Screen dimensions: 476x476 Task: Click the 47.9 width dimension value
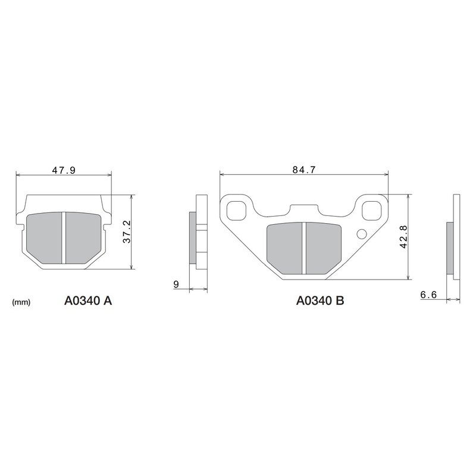pos(64,171)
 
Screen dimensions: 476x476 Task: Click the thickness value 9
pos(176,284)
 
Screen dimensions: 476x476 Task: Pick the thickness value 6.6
pos(428,295)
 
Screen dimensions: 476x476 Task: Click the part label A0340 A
pos(88,301)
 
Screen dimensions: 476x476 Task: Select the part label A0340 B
pos(320,301)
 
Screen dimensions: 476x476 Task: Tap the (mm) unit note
pos(21,302)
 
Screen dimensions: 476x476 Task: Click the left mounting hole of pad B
pos(236,209)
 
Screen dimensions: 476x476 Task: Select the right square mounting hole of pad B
pos(372,209)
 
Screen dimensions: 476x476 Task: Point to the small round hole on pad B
pos(361,233)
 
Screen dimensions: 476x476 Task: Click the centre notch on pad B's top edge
pos(303,209)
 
